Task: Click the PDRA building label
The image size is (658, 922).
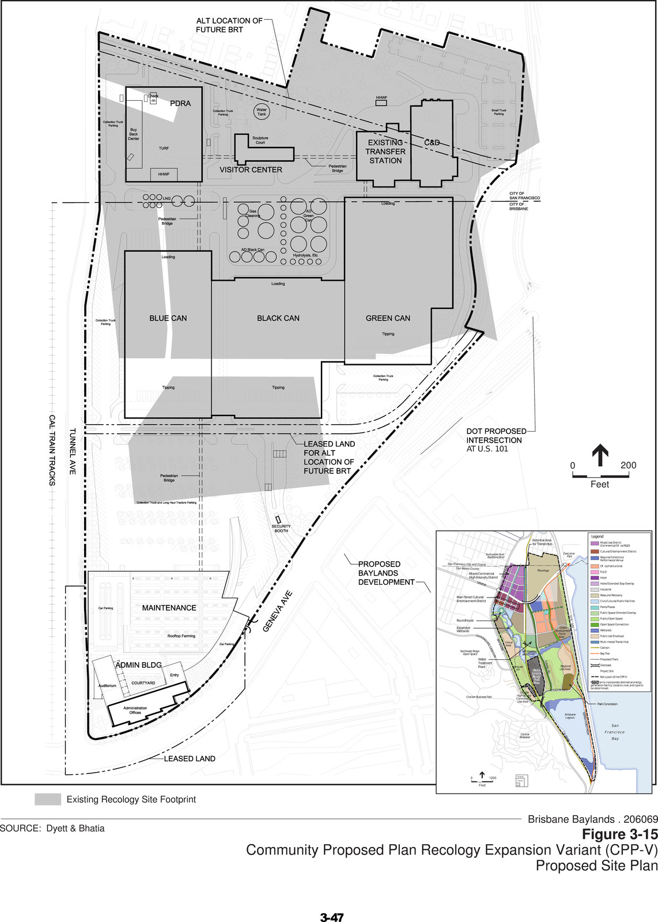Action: click(180, 103)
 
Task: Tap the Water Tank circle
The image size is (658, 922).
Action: click(262, 111)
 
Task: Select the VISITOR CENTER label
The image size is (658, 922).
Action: click(251, 170)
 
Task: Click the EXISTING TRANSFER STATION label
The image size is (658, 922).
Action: click(385, 152)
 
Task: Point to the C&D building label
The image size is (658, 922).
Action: click(432, 142)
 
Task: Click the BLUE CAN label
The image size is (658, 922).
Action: click(168, 318)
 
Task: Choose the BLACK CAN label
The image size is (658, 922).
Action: click(278, 318)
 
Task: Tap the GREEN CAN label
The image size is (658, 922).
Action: click(388, 318)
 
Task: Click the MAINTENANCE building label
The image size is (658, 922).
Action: click(169, 608)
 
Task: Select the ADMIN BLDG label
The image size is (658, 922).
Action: click(138, 665)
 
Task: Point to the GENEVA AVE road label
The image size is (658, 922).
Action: click(278, 611)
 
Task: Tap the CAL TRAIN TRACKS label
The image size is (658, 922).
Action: click(52, 450)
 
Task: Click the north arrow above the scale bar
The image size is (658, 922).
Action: click(600, 455)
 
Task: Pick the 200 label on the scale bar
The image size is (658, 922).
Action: click(628, 466)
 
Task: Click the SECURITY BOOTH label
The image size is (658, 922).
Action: click(281, 528)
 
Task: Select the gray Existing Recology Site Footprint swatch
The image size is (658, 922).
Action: click(48, 799)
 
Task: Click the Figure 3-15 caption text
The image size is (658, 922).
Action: click(619, 834)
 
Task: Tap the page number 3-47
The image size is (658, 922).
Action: click(331, 917)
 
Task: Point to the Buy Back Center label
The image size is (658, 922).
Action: click(133, 134)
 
